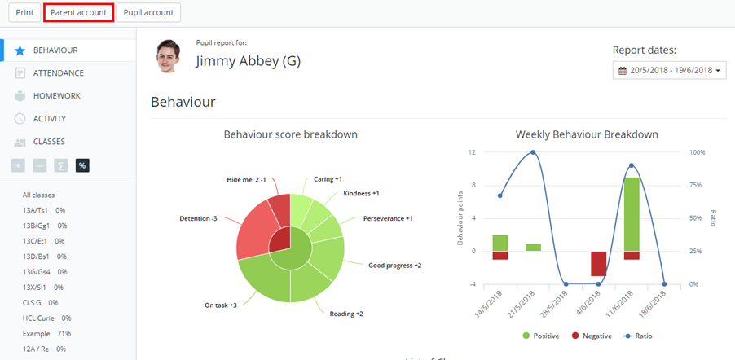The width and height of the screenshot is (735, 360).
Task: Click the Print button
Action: [x=24, y=13]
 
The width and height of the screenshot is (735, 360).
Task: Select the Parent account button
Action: [x=78, y=13]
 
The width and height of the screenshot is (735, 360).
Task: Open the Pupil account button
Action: [x=148, y=13]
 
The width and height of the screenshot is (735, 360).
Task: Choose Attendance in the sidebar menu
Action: [x=58, y=73]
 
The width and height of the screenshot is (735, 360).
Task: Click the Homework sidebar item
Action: [x=56, y=96]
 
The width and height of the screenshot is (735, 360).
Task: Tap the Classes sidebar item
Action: [x=49, y=142]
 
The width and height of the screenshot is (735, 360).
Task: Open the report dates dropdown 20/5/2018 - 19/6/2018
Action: [x=669, y=71]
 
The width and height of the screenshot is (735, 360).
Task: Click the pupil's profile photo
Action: [x=168, y=55]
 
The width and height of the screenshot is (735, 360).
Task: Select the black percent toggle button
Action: [x=82, y=165]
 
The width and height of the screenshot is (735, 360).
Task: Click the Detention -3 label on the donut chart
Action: [x=198, y=218]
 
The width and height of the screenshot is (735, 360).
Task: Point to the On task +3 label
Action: [x=220, y=305]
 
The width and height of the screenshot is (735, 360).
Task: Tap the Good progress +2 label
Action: [x=394, y=266]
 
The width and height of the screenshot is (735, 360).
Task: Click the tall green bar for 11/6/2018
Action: [x=632, y=213]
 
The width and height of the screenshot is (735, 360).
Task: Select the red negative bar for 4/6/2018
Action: [x=598, y=263]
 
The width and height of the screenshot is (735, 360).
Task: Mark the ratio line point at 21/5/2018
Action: [x=533, y=152]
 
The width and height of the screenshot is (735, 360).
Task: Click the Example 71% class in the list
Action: [x=46, y=334]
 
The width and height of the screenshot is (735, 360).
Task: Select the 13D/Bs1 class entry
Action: [x=44, y=257]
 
